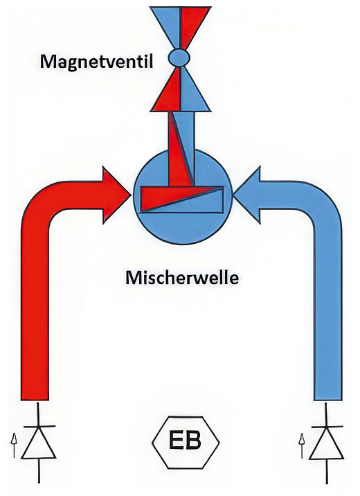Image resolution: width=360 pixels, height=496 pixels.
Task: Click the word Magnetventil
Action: (x=96, y=62)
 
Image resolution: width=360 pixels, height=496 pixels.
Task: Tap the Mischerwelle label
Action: (x=182, y=278)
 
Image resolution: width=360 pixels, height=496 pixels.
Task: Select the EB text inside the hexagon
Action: (x=186, y=441)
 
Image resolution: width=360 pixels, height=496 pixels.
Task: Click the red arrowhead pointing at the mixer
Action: (x=116, y=196)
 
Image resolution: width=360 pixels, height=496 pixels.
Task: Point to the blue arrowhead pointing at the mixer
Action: (x=247, y=195)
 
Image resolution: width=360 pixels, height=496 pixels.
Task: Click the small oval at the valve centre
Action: (x=179, y=57)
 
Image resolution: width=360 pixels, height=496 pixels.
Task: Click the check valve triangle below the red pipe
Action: (x=39, y=442)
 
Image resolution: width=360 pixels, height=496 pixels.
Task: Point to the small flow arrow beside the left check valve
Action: (x=14, y=445)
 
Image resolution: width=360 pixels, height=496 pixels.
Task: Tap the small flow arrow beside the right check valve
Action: (x=302, y=446)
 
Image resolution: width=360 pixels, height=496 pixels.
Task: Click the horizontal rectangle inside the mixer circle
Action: (x=182, y=199)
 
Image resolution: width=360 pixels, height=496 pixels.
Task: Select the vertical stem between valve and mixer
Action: (x=181, y=149)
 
